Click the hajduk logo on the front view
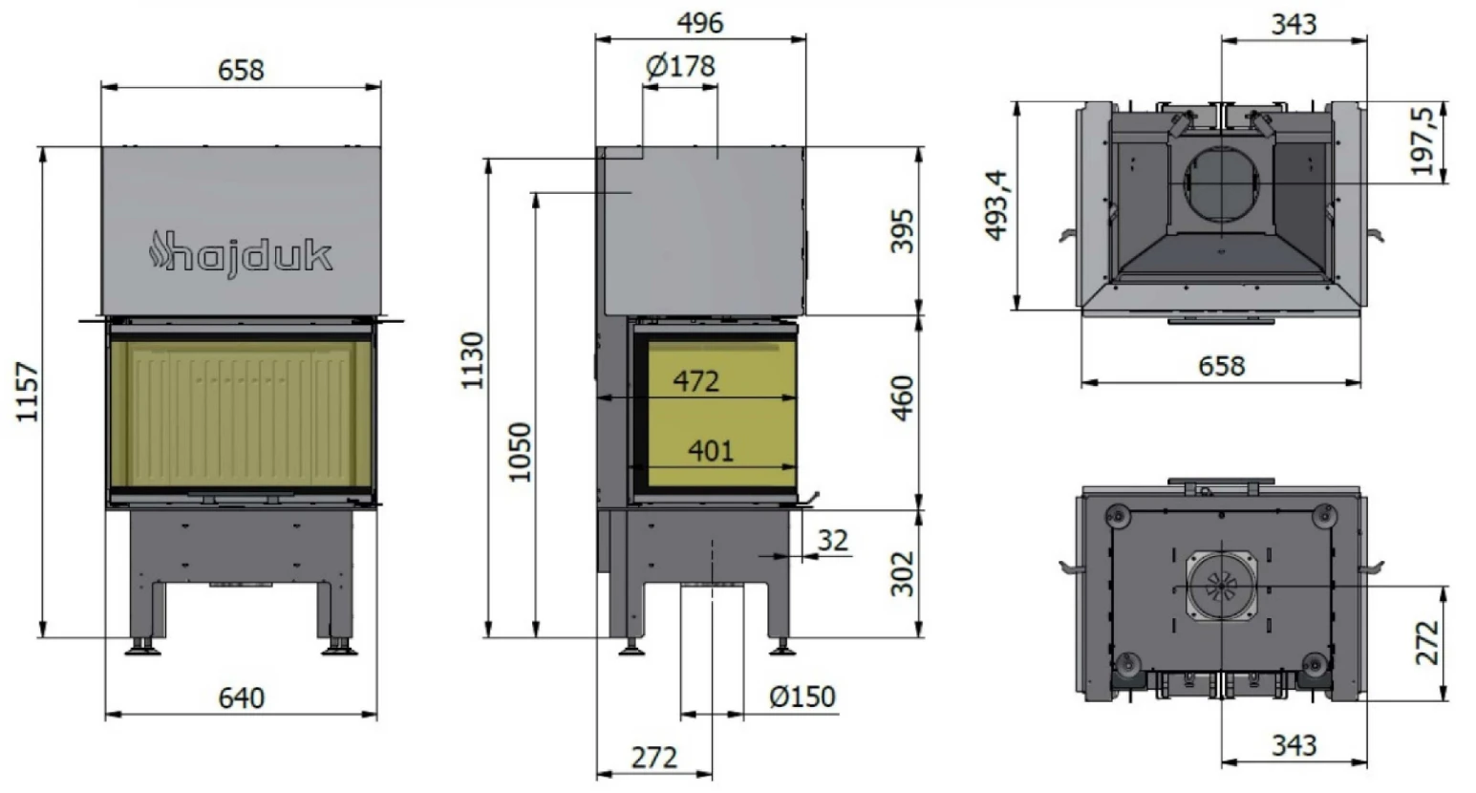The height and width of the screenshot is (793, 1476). click(241, 254)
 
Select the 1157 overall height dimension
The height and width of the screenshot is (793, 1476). click(28, 392)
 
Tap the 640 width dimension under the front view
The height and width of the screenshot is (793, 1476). click(241, 697)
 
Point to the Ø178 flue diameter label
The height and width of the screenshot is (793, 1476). click(680, 66)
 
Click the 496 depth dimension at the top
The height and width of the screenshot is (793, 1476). click(700, 23)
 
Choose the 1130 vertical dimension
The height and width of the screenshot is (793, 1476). click(473, 360)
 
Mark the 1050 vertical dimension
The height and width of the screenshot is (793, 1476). click(520, 452)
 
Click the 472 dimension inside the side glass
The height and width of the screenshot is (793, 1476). click(696, 381)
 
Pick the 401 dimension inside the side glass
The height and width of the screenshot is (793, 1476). click(711, 451)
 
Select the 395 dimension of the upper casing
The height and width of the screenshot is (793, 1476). click(903, 230)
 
